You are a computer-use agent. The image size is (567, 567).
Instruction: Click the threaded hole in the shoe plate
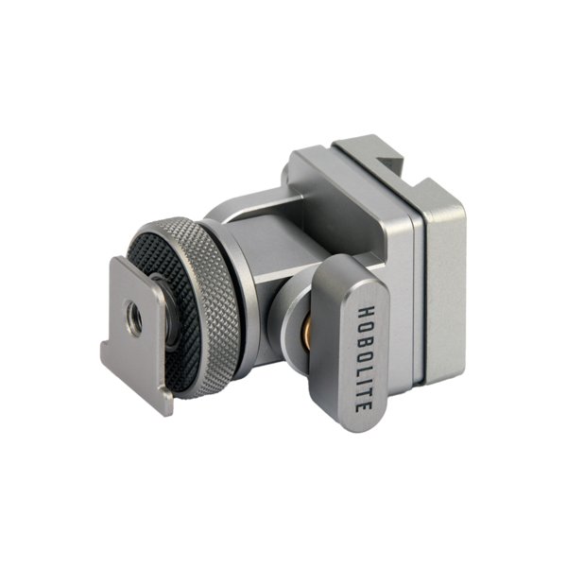134,318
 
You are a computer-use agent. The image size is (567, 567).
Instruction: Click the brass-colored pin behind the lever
306,333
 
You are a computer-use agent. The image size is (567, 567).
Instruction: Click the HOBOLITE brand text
364,359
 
